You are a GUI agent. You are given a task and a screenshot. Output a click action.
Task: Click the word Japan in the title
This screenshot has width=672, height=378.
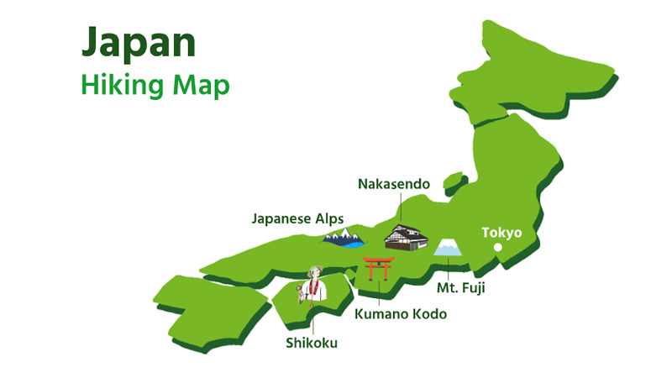click(x=138, y=43)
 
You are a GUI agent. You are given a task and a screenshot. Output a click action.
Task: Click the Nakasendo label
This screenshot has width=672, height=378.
click(x=393, y=183)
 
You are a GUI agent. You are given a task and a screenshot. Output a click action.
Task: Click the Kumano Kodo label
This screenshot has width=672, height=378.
click(x=400, y=314)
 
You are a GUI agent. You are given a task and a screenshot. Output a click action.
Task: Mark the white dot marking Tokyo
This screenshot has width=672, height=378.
click(x=497, y=247)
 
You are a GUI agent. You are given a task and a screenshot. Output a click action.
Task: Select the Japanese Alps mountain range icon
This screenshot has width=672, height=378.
click(x=344, y=239)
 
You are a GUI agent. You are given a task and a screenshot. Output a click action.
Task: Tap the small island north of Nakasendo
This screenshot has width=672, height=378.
click(x=454, y=180)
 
